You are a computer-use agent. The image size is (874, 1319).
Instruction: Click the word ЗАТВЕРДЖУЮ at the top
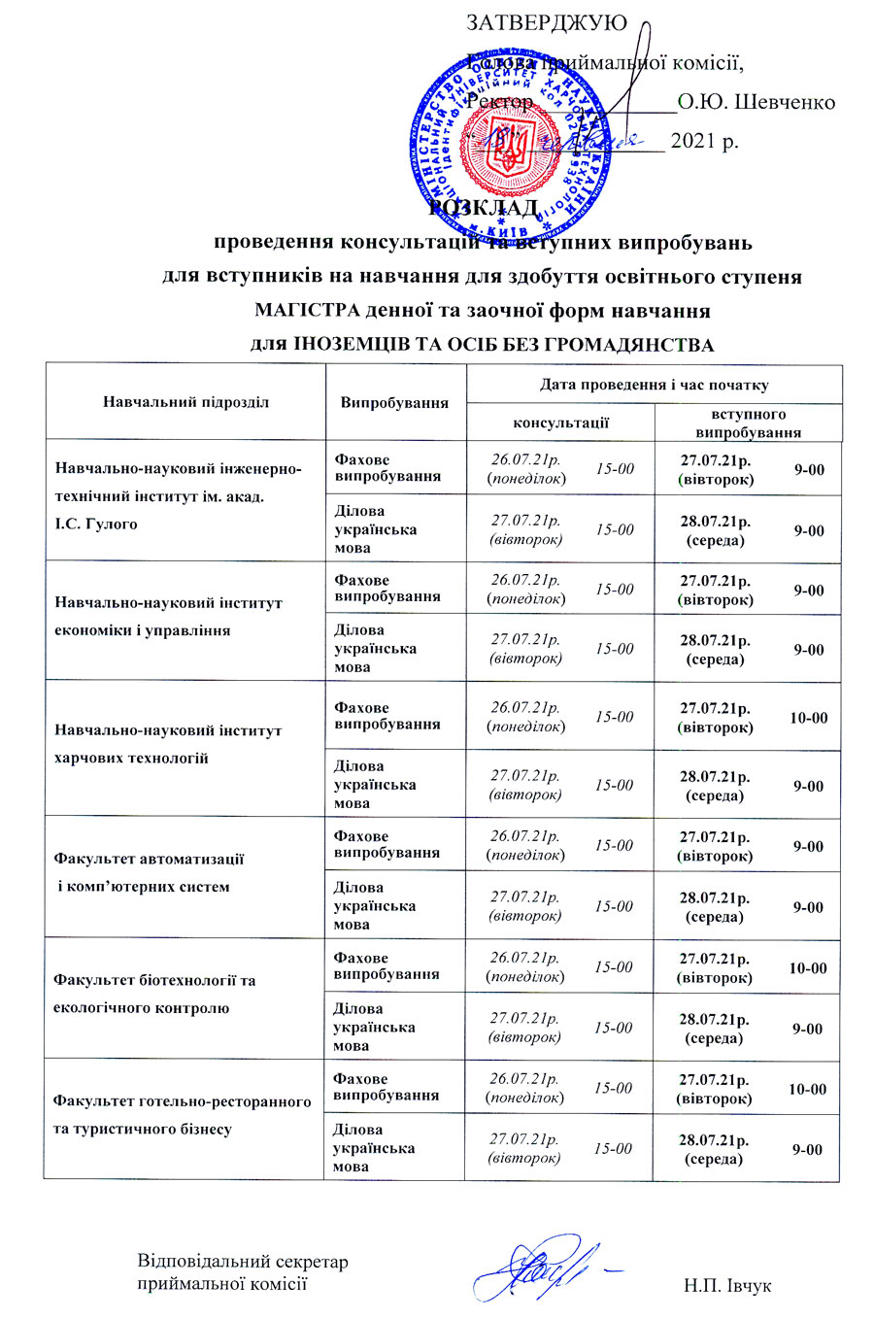(547, 22)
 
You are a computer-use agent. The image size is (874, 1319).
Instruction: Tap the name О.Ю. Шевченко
(756, 101)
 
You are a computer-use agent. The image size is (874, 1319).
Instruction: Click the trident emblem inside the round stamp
(506, 148)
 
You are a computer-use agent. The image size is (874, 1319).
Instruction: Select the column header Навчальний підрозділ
(185, 401)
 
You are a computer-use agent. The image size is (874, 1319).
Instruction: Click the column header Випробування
(394, 402)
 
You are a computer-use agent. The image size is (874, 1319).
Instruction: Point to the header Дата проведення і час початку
(654, 385)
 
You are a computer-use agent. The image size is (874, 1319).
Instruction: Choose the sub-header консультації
(560, 423)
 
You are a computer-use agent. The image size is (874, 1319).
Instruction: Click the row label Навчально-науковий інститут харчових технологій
(168, 744)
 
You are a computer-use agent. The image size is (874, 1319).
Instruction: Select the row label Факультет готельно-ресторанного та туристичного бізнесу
(183, 1115)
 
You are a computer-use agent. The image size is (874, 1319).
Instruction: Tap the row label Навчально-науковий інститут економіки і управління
(168, 617)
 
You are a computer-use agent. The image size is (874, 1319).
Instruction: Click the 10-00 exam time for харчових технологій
(808, 718)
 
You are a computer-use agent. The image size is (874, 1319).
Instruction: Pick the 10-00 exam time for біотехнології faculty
(807, 968)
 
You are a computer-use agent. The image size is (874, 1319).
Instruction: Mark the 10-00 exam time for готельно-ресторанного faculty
(807, 1090)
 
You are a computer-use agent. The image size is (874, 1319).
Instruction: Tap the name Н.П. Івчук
(726, 1286)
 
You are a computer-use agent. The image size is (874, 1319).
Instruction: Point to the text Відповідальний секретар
(242, 1262)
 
